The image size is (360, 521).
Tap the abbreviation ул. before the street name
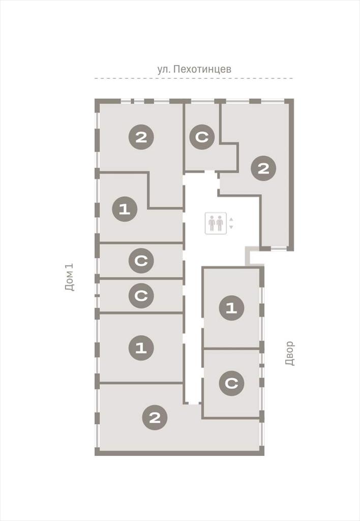coord(164,69)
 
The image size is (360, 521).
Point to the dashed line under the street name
coord(194,78)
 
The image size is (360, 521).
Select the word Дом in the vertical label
coord(70,284)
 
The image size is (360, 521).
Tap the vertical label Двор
coord(290,353)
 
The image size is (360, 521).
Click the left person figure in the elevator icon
coord(212,223)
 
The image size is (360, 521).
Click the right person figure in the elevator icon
coord(220,223)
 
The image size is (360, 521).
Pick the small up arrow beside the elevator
coord(231,219)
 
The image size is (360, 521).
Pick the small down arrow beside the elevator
coord(231,227)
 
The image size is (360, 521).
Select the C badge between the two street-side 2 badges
coord(202,136)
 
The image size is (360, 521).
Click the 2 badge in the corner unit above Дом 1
coord(141,136)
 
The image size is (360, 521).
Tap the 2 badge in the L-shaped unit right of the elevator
coord(263,168)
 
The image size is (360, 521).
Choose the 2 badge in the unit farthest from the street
coord(155,417)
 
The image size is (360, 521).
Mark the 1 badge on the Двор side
coord(231,308)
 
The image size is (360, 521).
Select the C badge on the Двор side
coord(231,383)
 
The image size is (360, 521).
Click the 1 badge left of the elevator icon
coord(125,209)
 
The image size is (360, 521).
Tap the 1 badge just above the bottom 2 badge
coord(141,348)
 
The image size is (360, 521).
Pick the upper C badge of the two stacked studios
coord(141,261)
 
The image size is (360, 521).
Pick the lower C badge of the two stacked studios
coord(141,296)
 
